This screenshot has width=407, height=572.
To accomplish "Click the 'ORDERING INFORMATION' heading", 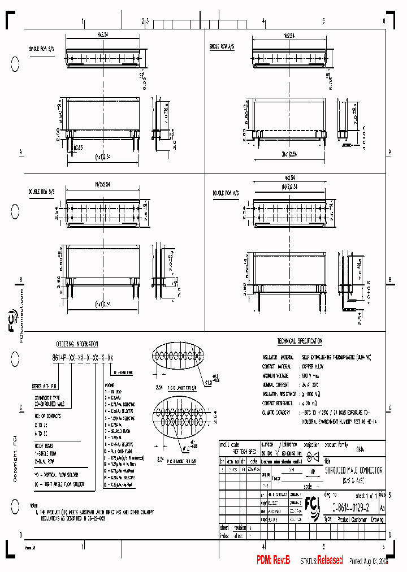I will click(x=77, y=344).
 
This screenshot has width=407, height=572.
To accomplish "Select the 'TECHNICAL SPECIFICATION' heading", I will click(x=300, y=341).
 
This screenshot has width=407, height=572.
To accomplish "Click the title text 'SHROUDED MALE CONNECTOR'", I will click(x=353, y=470).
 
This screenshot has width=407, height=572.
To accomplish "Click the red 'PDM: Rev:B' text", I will click(x=273, y=560).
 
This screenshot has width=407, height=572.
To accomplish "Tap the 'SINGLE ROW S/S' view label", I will click(x=43, y=49).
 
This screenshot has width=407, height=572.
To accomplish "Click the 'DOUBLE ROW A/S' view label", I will click(x=226, y=192).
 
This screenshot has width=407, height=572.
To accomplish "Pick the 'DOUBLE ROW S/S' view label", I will click(x=42, y=192).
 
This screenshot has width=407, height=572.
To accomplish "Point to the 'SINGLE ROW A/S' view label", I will click(x=223, y=46).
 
